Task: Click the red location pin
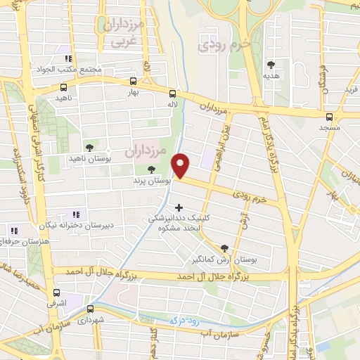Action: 181,166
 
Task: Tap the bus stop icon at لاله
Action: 172,92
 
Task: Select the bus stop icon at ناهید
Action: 64,89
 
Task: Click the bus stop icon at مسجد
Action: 330,117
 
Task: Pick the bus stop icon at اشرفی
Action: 56,292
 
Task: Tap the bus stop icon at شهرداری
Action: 90,309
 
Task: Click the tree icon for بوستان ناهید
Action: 89,148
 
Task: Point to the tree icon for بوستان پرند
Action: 151,169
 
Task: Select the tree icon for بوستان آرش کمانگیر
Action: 224,247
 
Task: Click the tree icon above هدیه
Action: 271,62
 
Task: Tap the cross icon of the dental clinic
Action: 179,207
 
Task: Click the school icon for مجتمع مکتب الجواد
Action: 68,58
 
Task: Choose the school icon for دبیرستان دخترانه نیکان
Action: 76,214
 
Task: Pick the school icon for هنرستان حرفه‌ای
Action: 13,230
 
